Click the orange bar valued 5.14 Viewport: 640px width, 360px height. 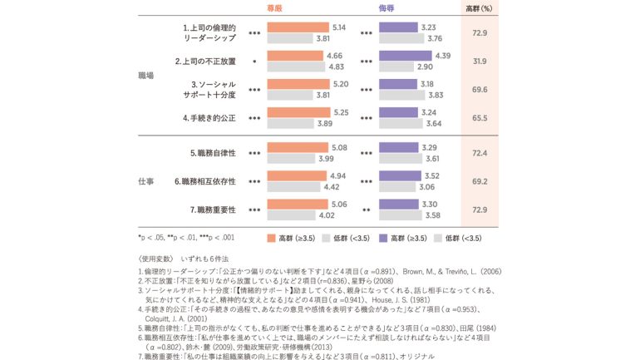coord(297,27)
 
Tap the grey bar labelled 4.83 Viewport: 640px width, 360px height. coord(294,67)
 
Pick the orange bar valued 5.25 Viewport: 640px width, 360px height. coord(298,113)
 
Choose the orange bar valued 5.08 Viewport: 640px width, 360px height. coord(297,148)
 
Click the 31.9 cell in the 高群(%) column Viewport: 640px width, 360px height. coord(480,61)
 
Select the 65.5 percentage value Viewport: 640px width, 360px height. coord(480,118)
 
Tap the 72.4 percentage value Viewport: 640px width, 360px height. coord(480,153)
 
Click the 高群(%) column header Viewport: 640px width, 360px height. coord(480,7)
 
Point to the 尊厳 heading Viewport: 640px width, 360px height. coord(274,7)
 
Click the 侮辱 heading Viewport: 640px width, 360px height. coord(387,7)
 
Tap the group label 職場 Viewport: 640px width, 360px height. coord(145,76)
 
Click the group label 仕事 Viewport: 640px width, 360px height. coord(145,181)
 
